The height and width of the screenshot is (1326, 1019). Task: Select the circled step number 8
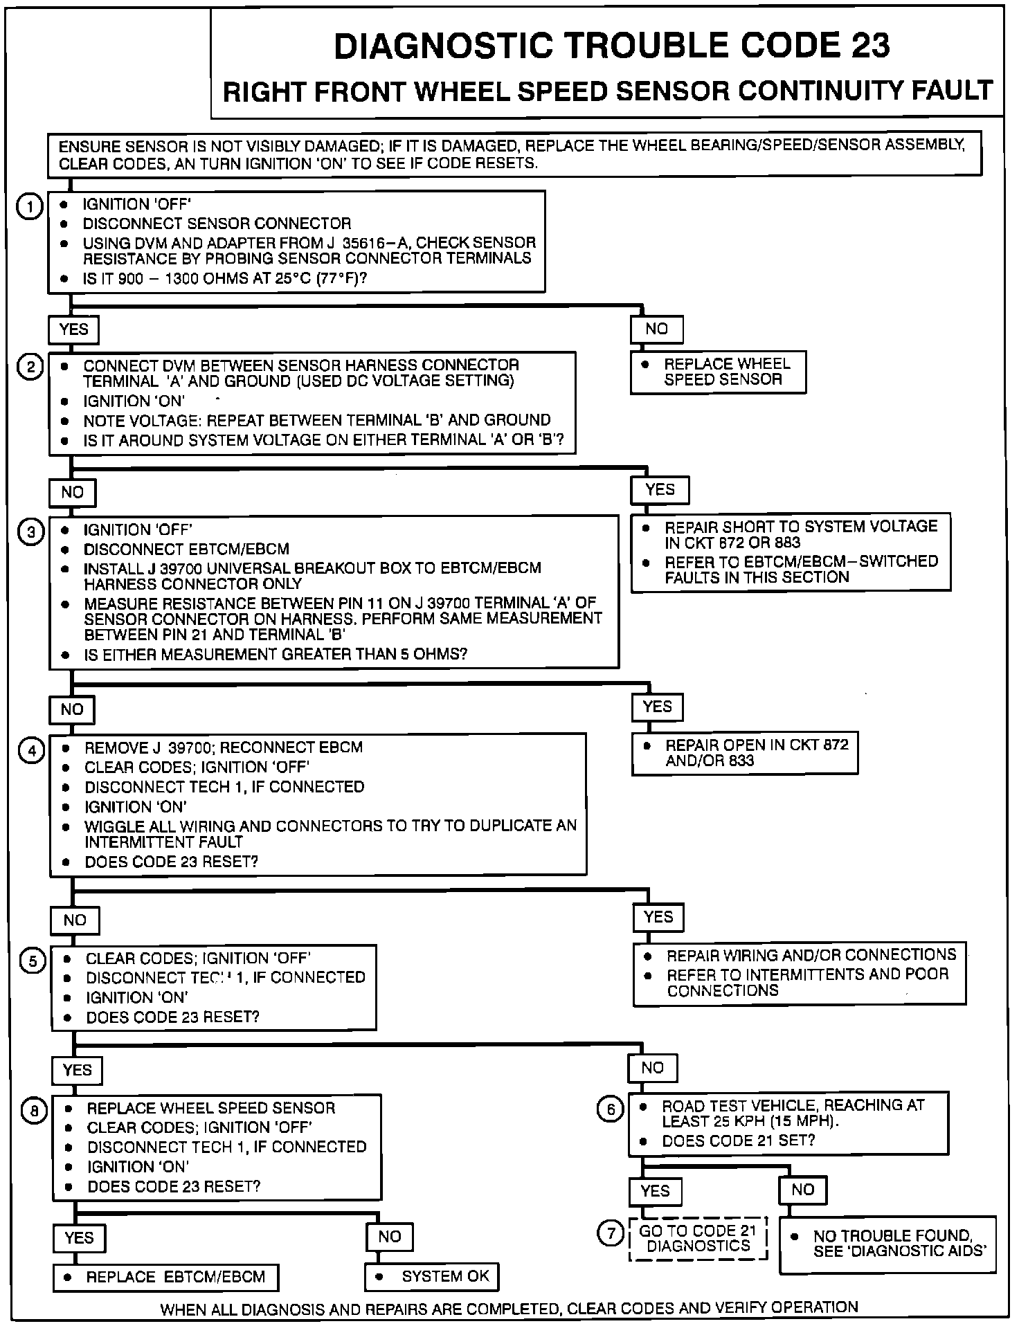[x=34, y=1111]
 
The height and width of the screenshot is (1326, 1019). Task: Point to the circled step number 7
[x=611, y=1233]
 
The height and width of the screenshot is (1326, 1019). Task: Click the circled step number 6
[x=610, y=1109]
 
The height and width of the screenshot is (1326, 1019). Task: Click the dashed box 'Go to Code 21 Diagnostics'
[x=698, y=1238]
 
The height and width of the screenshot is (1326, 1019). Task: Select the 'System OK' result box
[x=431, y=1276]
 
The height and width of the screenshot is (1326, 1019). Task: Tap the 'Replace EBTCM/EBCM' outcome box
[x=165, y=1277]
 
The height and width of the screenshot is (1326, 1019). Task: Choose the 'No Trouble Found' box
[x=887, y=1244]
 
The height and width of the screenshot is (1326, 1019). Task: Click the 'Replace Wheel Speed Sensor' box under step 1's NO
[x=718, y=372]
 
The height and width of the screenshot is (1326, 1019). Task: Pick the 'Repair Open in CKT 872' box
[x=744, y=753]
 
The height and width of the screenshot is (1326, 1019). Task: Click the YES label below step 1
[x=73, y=329]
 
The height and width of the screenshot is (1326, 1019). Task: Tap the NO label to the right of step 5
[x=652, y=1068]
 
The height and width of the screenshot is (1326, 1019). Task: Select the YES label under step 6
[x=655, y=1191]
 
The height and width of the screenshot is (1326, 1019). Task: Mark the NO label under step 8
[x=389, y=1237]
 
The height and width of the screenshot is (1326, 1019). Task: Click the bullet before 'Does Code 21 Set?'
[x=644, y=1141]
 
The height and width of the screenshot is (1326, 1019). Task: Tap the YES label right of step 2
[x=660, y=490]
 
